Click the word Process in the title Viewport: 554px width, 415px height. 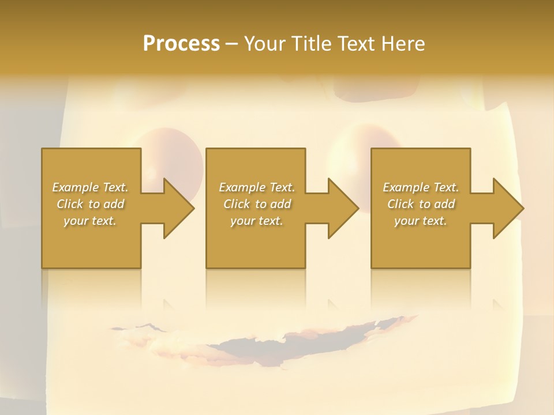click(x=181, y=44)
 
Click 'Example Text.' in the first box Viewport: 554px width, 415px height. click(x=90, y=187)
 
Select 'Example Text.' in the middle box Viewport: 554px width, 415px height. click(x=257, y=187)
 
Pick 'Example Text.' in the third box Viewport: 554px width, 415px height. click(x=421, y=187)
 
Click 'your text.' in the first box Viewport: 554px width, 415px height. click(x=90, y=221)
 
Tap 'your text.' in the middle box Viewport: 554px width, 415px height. click(x=257, y=221)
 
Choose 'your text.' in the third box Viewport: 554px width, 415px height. click(x=421, y=221)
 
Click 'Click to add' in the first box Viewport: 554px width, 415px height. click(x=90, y=204)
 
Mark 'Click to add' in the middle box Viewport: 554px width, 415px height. click(x=257, y=204)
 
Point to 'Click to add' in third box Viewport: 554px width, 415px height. click(x=421, y=204)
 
